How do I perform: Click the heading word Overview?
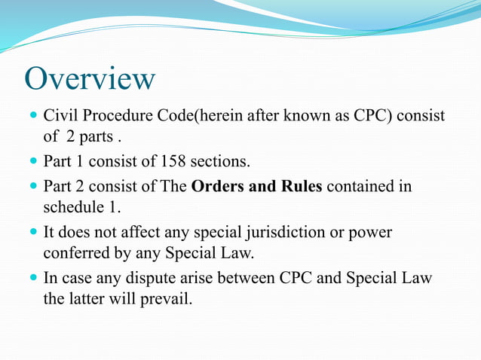(90, 79)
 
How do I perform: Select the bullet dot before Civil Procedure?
(33, 117)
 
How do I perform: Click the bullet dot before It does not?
(33, 232)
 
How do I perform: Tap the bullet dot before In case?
(33, 277)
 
